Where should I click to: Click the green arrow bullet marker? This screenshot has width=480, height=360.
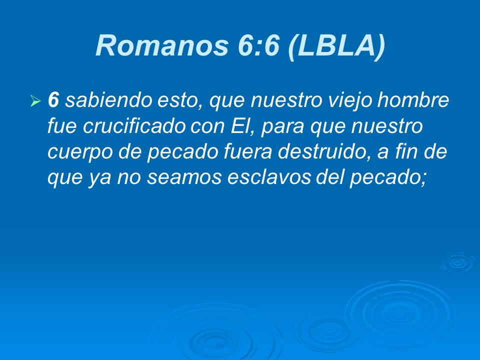pos(35,102)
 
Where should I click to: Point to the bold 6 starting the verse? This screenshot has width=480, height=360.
pos(53,101)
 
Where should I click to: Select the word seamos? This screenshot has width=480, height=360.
pos(170,178)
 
